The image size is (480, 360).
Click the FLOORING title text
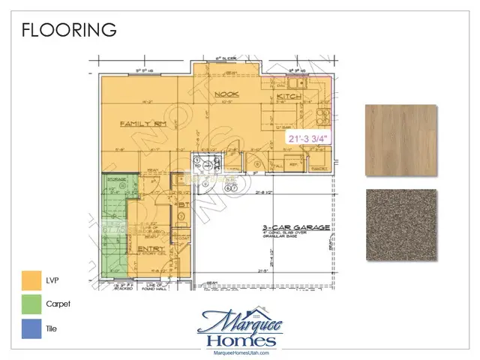(x=69, y=30)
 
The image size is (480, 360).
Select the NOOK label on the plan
(x=225, y=94)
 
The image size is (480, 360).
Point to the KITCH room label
(x=289, y=97)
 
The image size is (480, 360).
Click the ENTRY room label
(x=151, y=249)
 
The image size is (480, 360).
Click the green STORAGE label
(x=115, y=179)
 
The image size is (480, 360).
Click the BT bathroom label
(x=183, y=203)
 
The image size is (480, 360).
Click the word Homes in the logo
(x=239, y=340)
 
